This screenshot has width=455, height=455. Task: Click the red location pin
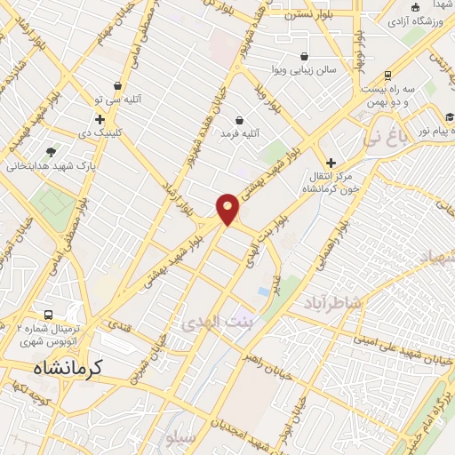[x=227, y=209]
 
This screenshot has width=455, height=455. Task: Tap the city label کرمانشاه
[x=68, y=366]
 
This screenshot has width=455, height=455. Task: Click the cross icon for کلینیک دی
[x=100, y=119]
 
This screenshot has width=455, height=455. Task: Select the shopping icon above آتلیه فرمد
[x=239, y=120]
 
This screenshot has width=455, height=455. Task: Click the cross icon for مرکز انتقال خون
[x=331, y=163]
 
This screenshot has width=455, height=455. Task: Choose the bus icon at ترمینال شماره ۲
[x=48, y=315]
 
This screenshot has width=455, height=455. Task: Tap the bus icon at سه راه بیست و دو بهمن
[x=387, y=76]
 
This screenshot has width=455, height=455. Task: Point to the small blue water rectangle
[x=264, y=291]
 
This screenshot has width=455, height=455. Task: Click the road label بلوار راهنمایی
[x=340, y=237]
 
